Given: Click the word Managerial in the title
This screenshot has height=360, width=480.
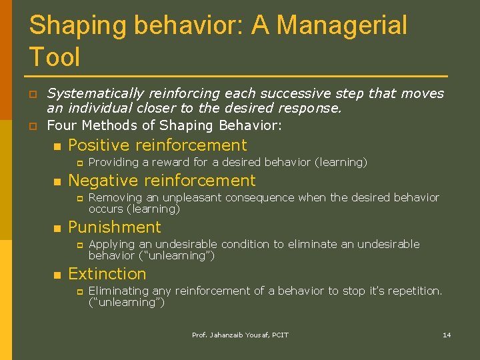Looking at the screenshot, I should coord(341,26).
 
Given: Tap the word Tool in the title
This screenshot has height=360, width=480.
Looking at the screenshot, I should coord(55,57).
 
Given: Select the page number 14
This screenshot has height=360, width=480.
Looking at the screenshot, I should coord(447,335).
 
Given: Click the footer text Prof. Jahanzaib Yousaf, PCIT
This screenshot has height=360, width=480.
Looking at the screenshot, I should coord(240,335).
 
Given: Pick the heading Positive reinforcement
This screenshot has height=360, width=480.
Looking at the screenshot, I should coord(157,145).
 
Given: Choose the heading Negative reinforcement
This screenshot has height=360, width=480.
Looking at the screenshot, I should coord(162,181).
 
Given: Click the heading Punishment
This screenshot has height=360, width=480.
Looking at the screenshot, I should coord(115,227).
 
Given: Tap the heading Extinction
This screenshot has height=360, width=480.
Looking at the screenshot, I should coord(107,274).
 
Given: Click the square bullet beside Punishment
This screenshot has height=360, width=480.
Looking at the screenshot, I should coord(57,228).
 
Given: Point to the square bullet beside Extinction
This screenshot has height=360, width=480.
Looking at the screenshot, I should coord(57,275).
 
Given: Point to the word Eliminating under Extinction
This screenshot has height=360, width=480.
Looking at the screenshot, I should coord(119,291).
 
